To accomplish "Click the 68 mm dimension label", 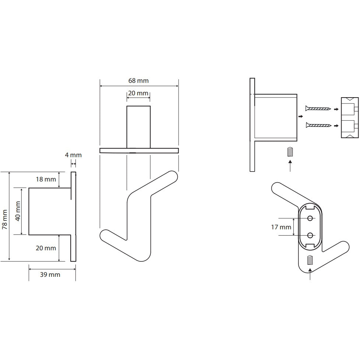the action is pyautogui.click(x=138, y=81).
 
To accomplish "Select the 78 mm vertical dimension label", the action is pyautogui.click(x=4, y=219).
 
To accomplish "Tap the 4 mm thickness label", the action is pyautogui.click(x=73, y=155).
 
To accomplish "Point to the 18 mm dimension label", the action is pyautogui.click(x=46, y=179).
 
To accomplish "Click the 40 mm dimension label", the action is pyautogui.click(x=18, y=211).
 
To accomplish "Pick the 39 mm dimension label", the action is pyautogui.click(x=50, y=275).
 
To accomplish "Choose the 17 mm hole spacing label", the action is pyautogui.click(x=281, y=227).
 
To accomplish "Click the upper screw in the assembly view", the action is pyautogui.click(x=318, y=108).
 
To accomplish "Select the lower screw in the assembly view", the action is pyautogui.click(x=318, y=125).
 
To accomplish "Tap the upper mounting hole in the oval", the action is pyautogui.click(x=310, y=218).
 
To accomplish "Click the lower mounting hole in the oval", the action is pyautogui.click(x=310, y=235).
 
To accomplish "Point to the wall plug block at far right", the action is pyautogui.click(x=350, y=117).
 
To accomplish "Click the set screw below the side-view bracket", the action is pyautogui.click(x=290, y=152).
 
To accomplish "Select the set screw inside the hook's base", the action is pyautogui.click(x=310, y=260).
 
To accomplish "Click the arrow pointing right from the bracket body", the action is pyautogui.click(x=300, y=117).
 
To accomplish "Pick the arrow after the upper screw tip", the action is pyautogui.click(x=336, y=109).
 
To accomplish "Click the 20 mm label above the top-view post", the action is pyautogui.click(x=138, y=93).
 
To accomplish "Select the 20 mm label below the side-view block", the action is pyautogui.click(x=46, y=248).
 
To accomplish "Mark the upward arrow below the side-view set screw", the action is pyautogui.click(x=290, y=166).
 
